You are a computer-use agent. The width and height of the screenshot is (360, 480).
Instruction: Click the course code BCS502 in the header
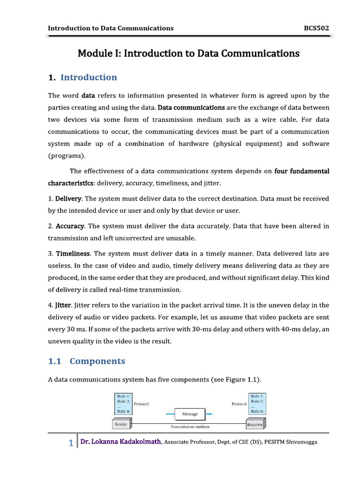click(316, 28)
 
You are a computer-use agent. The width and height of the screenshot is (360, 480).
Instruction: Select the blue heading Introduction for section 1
click(89, 77)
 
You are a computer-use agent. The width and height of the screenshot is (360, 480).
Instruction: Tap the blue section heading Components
click(97, 361)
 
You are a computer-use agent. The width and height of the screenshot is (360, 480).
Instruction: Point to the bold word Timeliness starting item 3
click(73, 254)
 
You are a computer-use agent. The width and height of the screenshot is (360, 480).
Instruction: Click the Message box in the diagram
click(190, 414)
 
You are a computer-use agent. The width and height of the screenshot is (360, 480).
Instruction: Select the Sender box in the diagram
click(121, 425)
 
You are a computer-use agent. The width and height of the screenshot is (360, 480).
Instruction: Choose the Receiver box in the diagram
click(255, 425)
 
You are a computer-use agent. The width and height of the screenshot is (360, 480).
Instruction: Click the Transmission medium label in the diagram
click(189, 427)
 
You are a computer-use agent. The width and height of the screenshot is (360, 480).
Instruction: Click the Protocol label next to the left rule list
click(141, 404)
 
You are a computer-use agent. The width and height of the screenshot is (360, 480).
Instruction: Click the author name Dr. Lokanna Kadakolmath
click(121, 442)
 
